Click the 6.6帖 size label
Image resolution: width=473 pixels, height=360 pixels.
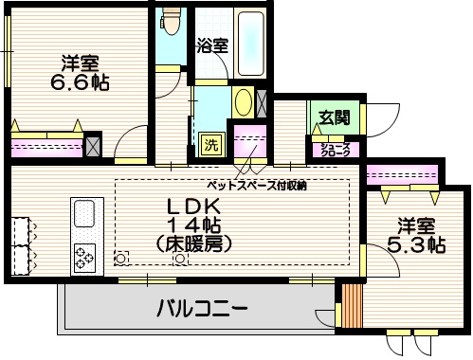coord(80,82)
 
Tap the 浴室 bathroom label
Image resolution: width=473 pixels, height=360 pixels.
coord(212,45)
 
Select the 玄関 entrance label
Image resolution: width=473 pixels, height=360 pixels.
coord(334,117)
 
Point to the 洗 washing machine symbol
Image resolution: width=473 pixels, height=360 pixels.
coord(211,145)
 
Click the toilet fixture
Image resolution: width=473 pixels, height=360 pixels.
coord(171,20)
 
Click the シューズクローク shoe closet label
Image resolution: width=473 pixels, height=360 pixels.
coord(333,149)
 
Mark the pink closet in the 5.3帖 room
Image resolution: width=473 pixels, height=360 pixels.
coord(402,175)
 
